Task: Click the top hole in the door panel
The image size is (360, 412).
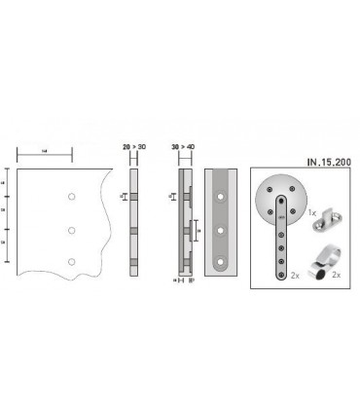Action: click(71, 197)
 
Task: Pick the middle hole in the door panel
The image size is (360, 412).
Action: click(71, 230)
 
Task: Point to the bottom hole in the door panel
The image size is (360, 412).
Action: click(71, 262)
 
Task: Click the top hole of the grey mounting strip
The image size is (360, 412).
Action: click(221, 197)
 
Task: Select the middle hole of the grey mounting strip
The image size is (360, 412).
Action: click(221, 231)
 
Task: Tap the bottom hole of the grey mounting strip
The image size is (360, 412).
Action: click(221, 263)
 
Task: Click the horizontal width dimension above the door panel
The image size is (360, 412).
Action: click(45, 155)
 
